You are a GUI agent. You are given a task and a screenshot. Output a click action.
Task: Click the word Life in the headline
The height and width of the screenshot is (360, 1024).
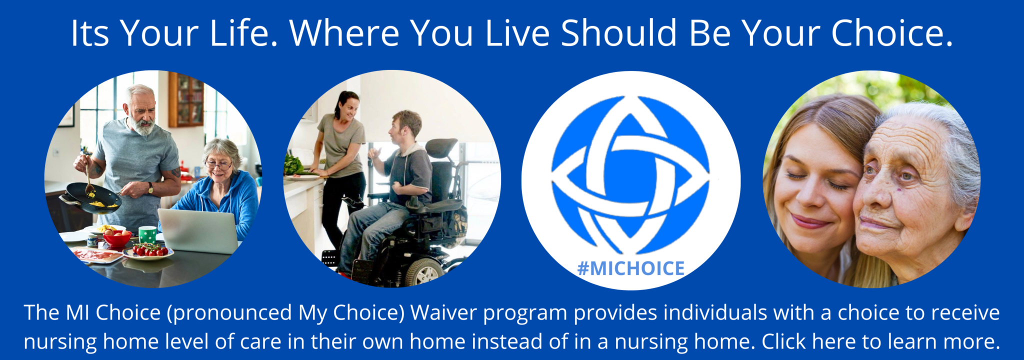tap(243, 33)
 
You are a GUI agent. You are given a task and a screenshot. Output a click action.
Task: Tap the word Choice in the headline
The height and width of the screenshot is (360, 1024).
tap(891, 33)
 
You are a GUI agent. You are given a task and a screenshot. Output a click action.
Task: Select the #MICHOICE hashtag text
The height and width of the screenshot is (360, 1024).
tap(631, 268)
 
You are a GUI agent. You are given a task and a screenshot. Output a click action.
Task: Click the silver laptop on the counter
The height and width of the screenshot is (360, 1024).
tap(198, 230)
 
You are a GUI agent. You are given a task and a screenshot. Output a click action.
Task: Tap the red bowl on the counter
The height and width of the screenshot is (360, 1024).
tap(117, 239)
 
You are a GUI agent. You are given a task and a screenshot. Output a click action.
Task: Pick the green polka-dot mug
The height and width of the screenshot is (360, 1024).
tap(147, 234)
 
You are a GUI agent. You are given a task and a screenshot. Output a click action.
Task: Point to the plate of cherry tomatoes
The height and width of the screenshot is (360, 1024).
tap(148, 251)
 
